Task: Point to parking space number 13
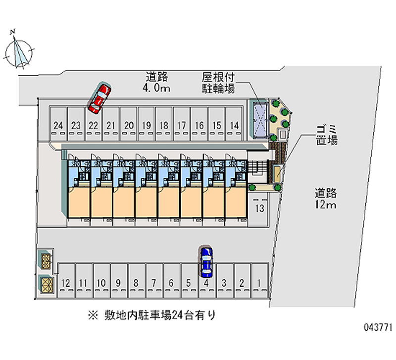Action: (259, 207)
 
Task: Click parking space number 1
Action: (259, 280)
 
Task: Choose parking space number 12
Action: (66, 280)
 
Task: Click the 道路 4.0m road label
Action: (157, 83)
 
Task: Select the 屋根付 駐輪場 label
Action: (218, 83)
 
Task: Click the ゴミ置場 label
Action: (327, 134)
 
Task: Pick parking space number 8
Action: (136, 280)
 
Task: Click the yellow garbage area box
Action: (276, 173)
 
